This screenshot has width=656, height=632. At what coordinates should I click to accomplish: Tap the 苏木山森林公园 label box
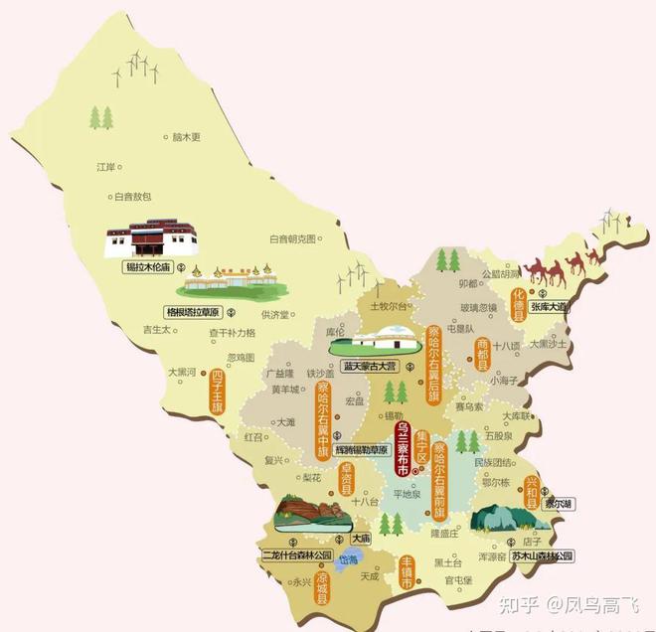543,554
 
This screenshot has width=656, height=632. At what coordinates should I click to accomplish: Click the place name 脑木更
186,136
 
